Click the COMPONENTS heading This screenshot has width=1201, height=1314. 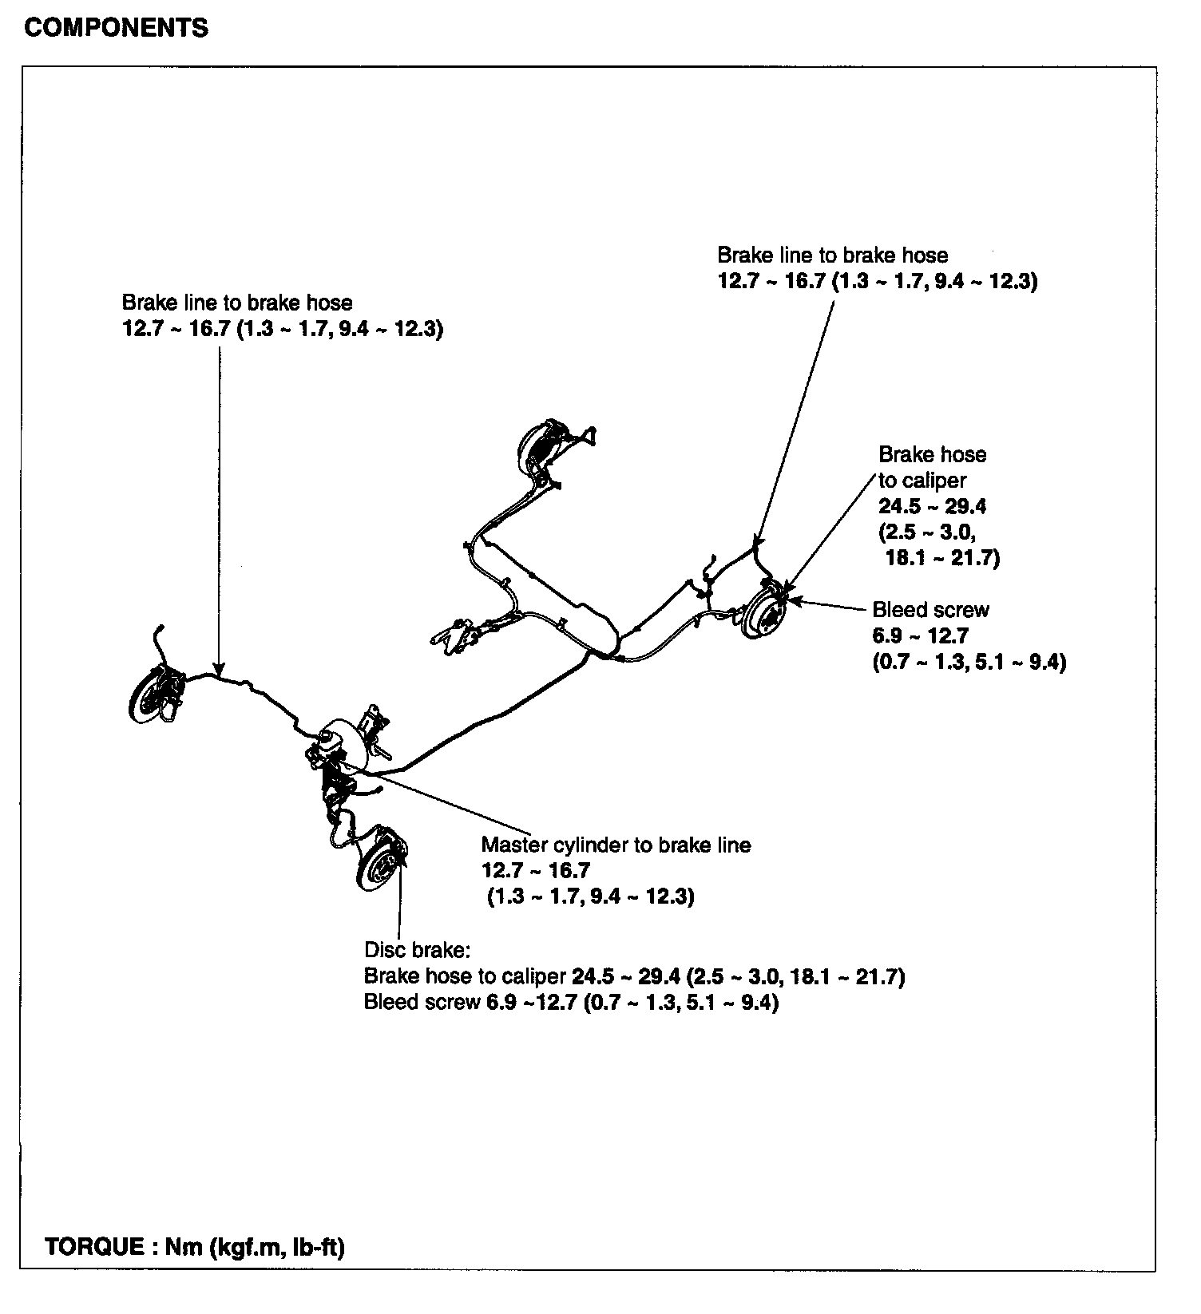116,28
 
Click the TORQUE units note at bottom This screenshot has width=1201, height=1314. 195,1247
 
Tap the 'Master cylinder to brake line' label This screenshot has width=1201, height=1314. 616,845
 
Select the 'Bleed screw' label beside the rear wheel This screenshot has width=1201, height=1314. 930,610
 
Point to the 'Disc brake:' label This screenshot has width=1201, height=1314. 418,950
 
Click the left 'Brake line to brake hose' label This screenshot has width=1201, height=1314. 237,303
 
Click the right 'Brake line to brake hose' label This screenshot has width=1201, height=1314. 832,255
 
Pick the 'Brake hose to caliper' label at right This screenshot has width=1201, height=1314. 932,467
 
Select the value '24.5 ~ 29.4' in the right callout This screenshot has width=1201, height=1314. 932,506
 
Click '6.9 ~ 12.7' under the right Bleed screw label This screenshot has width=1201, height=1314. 920,636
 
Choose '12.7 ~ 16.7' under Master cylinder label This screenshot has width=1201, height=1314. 535,870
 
